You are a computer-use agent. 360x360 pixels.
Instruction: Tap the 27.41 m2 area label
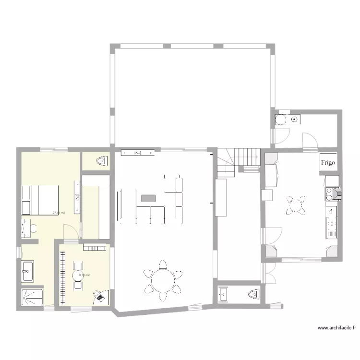(59, 213)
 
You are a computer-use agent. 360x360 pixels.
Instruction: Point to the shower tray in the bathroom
(32, 297)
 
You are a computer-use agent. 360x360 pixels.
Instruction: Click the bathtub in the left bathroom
(27, 271)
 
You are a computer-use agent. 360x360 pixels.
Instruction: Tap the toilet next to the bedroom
(101, 161)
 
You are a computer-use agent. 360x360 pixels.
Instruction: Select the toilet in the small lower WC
(253, 293)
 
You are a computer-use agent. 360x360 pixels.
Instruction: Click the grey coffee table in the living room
(148, 197)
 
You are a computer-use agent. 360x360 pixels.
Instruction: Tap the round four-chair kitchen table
(295, 205)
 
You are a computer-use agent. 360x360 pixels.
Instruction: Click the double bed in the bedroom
(40, 200)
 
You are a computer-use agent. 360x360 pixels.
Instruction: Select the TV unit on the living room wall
(138, 153)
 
